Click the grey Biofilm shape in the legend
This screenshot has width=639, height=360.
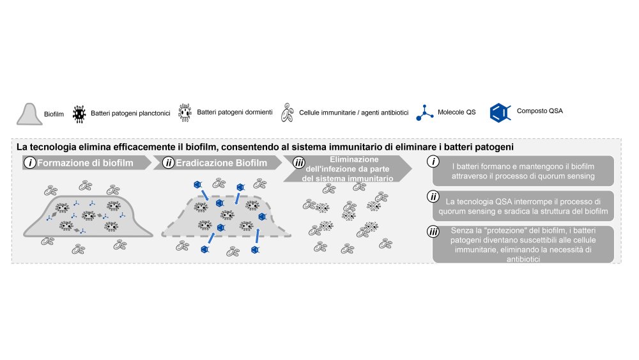29,114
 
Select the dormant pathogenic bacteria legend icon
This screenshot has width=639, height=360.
185,113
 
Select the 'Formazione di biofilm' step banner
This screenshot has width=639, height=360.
86,162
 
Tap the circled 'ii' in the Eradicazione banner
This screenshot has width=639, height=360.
169,162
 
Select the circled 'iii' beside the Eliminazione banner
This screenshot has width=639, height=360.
298,164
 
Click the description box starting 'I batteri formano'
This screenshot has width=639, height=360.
523,171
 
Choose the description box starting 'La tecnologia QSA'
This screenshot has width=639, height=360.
523,205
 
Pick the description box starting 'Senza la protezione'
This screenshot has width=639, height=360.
523,244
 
